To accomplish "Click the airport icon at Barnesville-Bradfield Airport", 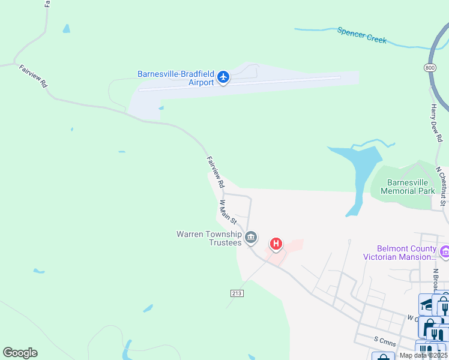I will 223,77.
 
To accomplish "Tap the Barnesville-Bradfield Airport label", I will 176,78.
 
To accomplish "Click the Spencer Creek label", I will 362,35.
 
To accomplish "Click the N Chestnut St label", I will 441,186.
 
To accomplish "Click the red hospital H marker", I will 276,244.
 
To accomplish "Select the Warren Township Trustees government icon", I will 252,238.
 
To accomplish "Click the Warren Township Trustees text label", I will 209,238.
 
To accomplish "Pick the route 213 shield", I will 236,293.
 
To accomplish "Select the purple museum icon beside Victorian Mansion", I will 445,252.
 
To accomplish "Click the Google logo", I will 20,353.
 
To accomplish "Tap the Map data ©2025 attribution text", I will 423,355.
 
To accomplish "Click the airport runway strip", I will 240,83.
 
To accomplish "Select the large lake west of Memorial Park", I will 361,168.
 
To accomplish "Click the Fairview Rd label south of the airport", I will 215,171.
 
